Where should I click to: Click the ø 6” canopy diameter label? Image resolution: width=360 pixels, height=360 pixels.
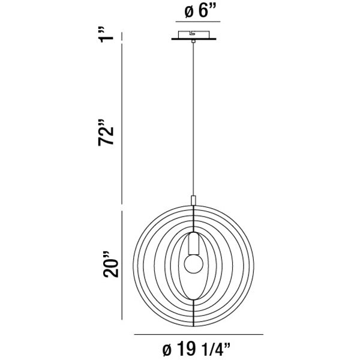point(199,11)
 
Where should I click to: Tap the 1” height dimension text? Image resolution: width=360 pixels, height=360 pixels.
point(106,34)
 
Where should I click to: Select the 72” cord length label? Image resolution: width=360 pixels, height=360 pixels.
point(106,133)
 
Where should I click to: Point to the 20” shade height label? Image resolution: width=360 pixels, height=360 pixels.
point(111,264)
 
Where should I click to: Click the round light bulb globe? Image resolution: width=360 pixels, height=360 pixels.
point(194,263)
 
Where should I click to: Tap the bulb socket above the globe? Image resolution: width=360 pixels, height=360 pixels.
point(194,244)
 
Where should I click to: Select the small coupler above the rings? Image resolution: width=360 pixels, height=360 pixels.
point(194,200)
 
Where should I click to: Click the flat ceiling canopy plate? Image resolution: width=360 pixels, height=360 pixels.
point(194,39)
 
